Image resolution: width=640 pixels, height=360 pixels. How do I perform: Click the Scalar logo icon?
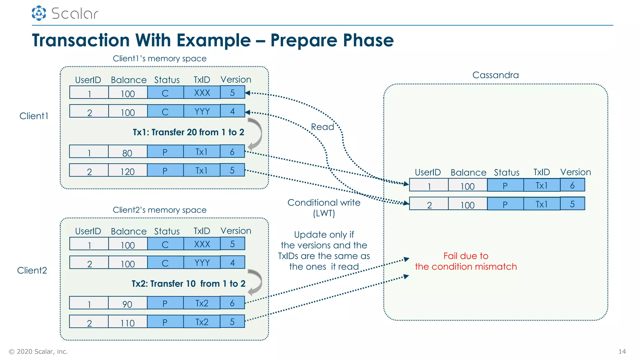coord(39,13)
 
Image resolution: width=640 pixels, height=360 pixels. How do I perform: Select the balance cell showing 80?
coord(127,152)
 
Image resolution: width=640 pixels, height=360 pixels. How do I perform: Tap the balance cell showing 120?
coord(127,171)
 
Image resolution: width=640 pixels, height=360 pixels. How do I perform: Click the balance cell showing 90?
coord(127,303)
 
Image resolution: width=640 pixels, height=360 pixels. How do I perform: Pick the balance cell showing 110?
coord(127,322)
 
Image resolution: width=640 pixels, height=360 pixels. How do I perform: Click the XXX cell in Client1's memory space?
coord(202,93)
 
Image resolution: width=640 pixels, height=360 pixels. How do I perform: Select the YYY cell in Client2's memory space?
coord(202,263)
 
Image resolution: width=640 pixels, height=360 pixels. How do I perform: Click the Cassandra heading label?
coord(495,75)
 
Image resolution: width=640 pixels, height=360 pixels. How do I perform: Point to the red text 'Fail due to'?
coord(466,256)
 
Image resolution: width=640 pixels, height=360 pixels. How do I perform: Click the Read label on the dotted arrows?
coord(322,127)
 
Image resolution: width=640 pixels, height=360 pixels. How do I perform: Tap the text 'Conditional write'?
coord(324,202)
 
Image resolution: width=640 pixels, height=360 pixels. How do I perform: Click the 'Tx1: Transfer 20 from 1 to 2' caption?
coord(188,132)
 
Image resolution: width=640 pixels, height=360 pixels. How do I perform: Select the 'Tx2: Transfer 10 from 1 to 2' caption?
coord(188,283)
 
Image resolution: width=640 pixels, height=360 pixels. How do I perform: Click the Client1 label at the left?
coord(34,116)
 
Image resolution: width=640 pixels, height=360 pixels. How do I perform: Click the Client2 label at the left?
coord(32,270)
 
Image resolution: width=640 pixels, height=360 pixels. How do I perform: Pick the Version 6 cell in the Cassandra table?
coord(572,185)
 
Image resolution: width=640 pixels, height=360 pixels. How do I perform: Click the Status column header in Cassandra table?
coord(506,172)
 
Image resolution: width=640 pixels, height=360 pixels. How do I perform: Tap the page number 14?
coord(622,352)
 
